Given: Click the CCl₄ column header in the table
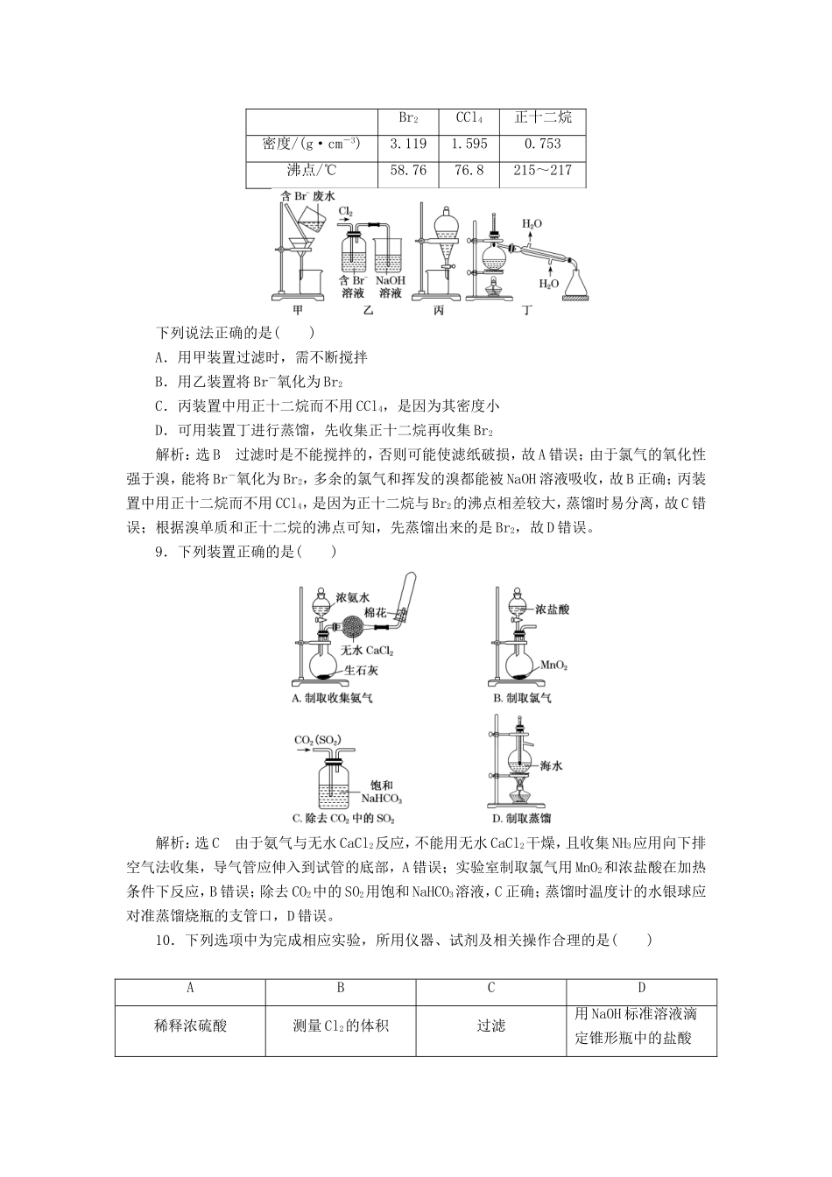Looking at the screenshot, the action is (469, 118).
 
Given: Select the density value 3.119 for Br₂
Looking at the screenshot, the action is (407, 144).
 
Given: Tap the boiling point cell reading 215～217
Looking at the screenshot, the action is (542, 170).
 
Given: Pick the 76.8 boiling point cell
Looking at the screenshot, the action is (469, 170).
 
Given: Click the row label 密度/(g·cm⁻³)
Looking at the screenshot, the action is (311, 144).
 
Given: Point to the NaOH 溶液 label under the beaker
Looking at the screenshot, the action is (390, 286).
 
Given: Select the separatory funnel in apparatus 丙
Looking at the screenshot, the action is (446, 229).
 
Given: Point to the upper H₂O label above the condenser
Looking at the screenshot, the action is (532, 224).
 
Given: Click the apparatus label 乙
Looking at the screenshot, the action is (368, 310).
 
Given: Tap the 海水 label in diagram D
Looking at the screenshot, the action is (551, 765).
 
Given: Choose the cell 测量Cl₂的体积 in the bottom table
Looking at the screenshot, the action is (341, 1025).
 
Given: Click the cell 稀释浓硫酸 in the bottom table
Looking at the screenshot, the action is (190, 1025).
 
